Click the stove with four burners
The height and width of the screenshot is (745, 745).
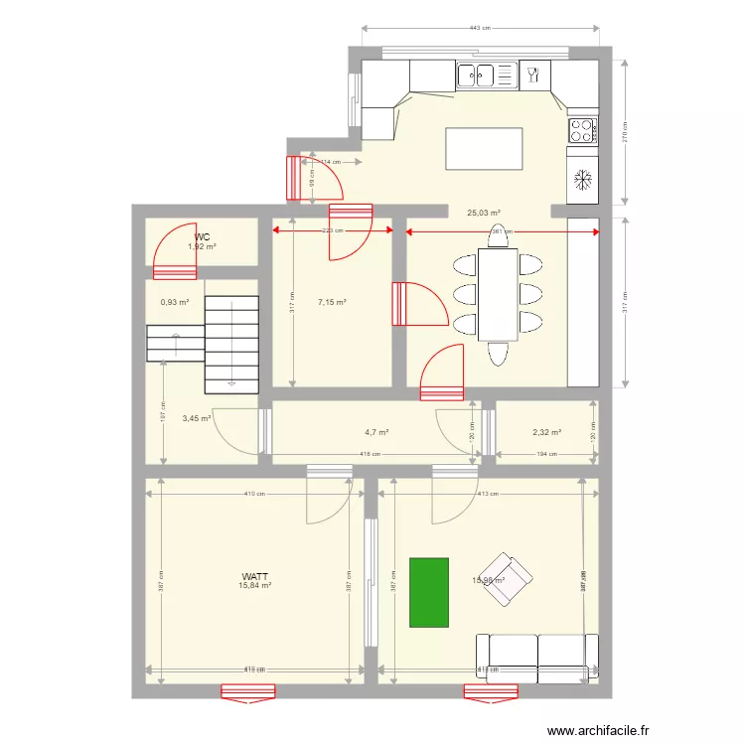(x=582, y=128)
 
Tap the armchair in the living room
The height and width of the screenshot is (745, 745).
(x=508, y=580)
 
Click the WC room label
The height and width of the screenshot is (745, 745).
(x=203, y=237)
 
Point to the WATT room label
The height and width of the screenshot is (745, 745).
(x=254, y=576)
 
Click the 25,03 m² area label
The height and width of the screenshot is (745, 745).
(x=483, y=212)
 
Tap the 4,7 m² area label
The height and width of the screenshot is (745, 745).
(x=376, y=432)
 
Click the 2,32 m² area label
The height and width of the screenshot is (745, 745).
(x=546, y=432)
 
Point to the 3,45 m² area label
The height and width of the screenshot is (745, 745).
(x=197, y=419)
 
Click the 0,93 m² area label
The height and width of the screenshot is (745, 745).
(x=175, y=304)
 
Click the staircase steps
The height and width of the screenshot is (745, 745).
(x=229, y=343)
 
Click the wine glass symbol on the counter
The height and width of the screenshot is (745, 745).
(x=532, y=74)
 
